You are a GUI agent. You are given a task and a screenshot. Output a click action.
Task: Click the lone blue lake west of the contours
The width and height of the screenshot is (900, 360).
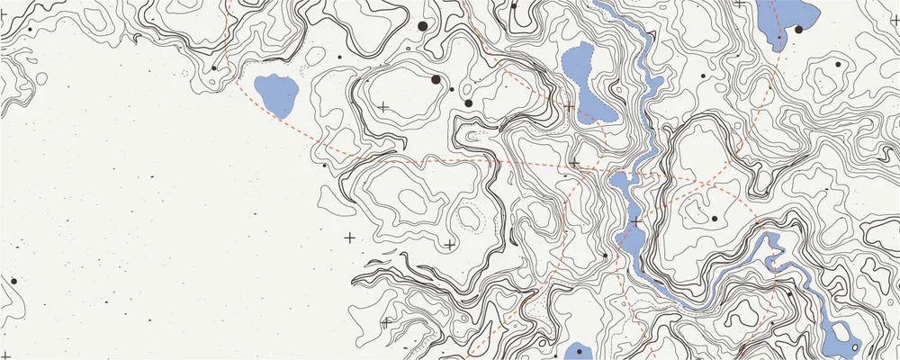pos(276,94)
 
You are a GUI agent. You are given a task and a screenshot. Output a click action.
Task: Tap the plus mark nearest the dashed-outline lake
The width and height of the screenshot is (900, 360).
pos(569,107)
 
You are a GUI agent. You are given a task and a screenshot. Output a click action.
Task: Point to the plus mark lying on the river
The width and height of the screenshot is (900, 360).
pos(636,220)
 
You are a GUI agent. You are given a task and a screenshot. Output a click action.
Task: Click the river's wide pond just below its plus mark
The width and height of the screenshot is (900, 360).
pos(630,241)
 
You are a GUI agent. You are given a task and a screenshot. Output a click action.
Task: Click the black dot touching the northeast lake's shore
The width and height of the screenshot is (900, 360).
pos(798,30)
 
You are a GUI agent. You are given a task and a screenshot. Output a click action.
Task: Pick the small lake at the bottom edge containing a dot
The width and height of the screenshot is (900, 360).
pos(576,352)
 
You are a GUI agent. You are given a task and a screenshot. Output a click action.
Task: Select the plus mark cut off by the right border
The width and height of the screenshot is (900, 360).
pos(895,21)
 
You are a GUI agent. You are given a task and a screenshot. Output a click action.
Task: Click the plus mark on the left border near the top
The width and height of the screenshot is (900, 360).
pos(3,16)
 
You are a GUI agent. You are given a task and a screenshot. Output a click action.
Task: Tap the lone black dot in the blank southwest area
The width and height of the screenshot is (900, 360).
pos(13,281)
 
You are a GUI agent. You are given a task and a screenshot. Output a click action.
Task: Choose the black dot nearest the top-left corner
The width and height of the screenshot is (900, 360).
pos(30,29)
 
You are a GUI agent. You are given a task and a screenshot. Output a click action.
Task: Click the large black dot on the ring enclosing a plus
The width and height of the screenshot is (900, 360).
pos(436,80)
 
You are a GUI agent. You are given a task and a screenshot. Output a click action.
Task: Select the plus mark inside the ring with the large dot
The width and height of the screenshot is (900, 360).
pos(383,107)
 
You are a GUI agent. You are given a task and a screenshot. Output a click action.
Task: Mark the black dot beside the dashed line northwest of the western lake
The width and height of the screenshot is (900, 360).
pos(214,67)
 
